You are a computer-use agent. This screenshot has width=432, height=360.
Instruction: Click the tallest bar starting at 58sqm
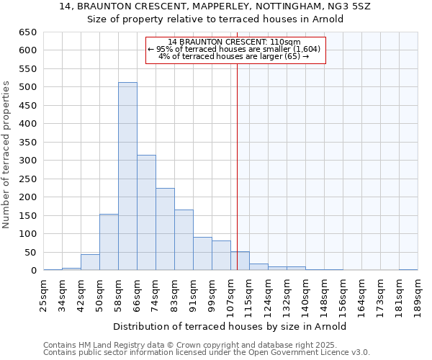pos(127,176)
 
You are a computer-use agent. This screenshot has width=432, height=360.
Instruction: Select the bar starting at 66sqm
pos(146,212)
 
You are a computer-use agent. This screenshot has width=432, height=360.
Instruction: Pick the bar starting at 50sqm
pos(109,242)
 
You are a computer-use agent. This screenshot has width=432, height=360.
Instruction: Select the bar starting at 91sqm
pos(202,253)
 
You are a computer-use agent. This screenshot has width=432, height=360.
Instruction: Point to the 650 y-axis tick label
pos(27,32)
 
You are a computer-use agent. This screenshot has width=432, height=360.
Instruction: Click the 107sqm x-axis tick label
pos(231,294)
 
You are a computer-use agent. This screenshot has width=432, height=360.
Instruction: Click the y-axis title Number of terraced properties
pos(7,155)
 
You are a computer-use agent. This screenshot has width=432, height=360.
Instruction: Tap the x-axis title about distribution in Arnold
pos(230,326)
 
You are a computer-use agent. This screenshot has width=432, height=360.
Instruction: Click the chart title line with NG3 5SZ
pos(215,7)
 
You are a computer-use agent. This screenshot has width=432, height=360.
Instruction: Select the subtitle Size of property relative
pos(215,19)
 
